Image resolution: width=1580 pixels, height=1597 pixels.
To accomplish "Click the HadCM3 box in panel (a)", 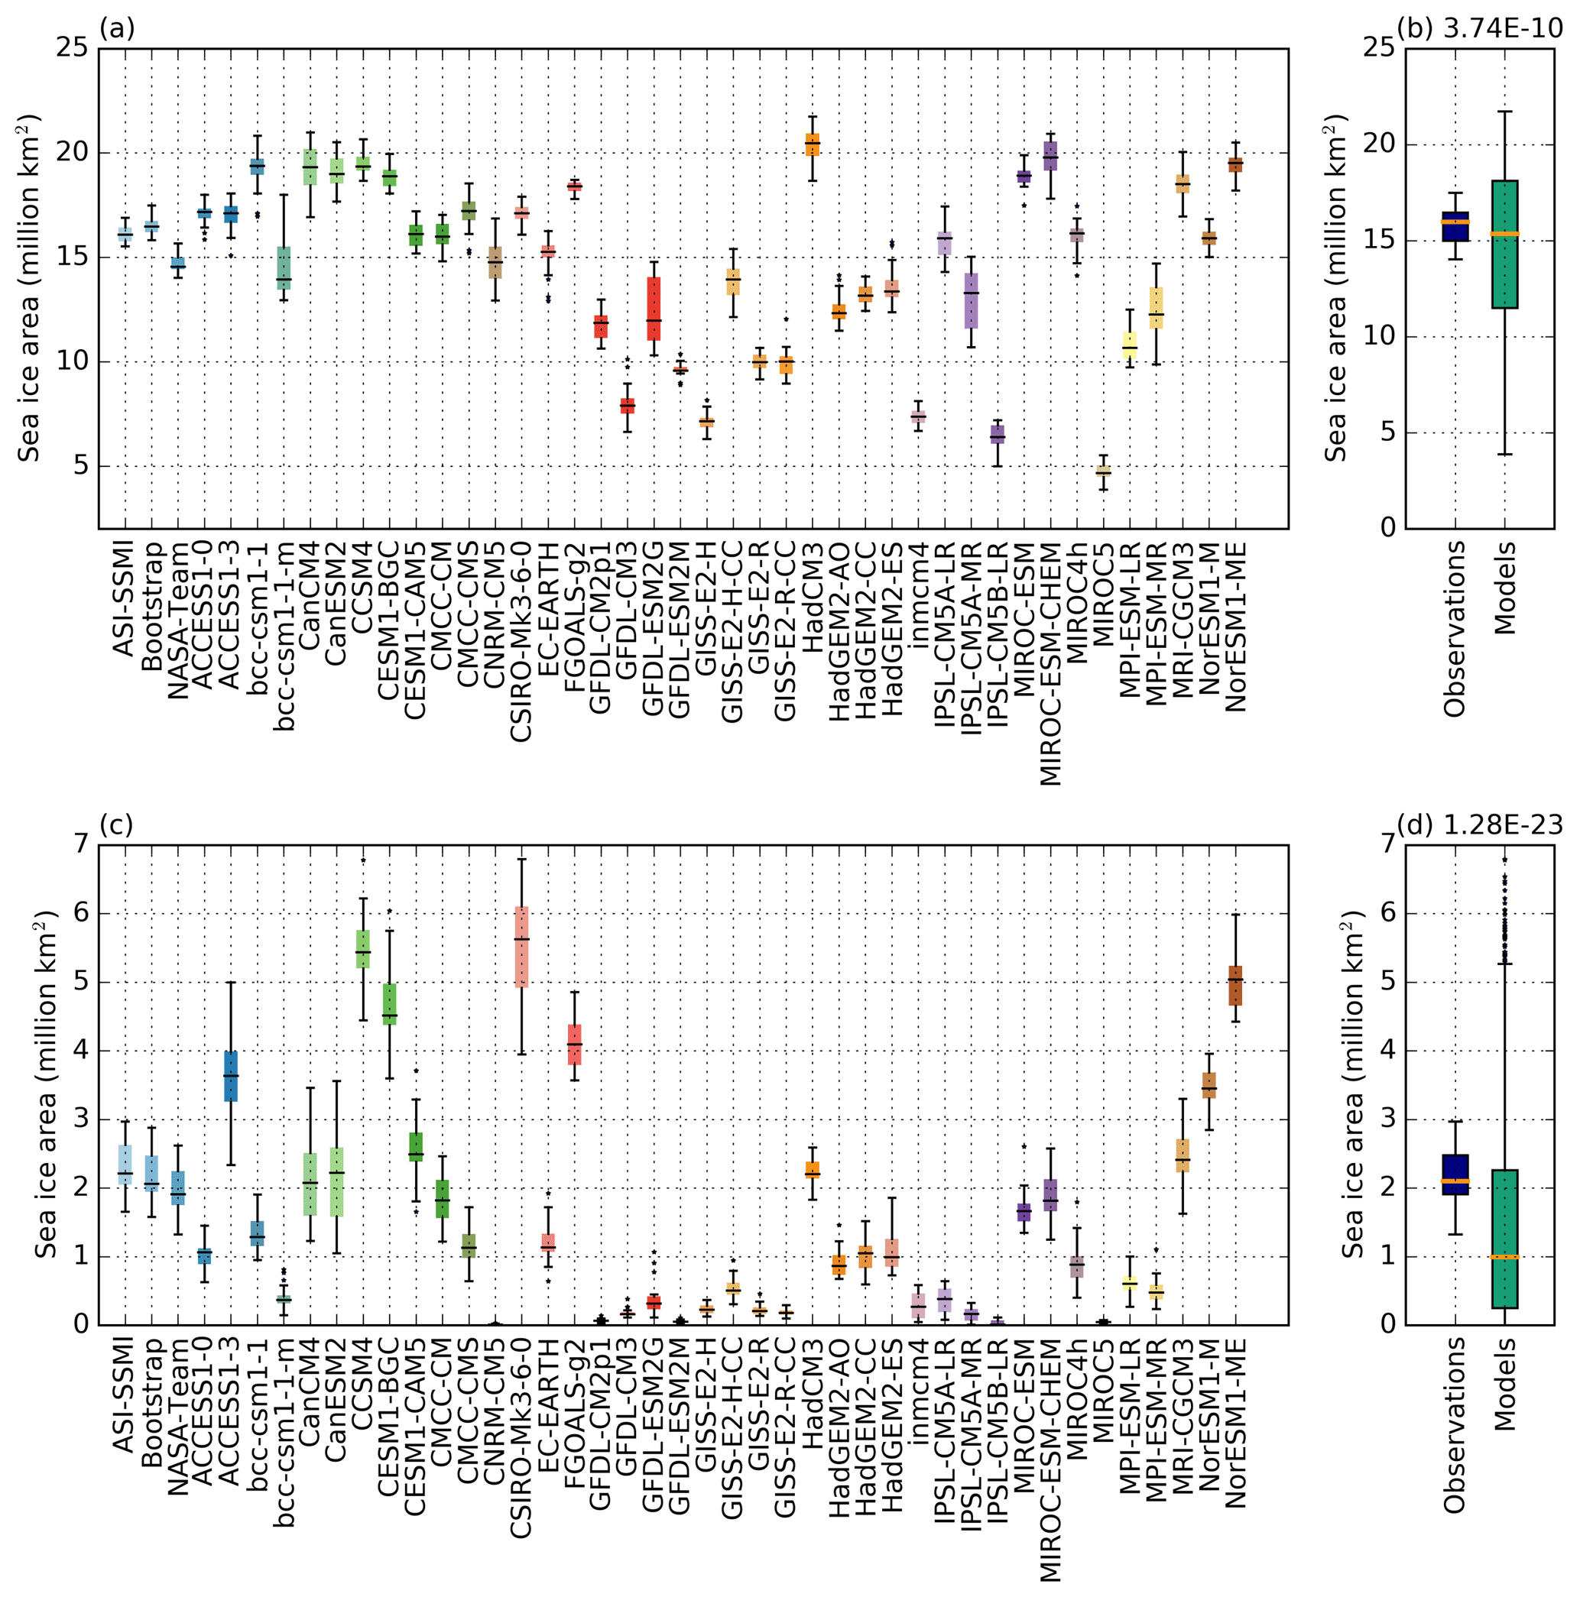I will click(x=812, y=144).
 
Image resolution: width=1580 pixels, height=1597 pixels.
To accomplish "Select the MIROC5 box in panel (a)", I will click(x=1103, y=471).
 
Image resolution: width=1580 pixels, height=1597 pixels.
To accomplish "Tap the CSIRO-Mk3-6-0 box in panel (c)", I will click(x=522, y=947).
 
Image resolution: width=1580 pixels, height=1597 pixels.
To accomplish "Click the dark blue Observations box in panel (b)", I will click(x=1455, y=225).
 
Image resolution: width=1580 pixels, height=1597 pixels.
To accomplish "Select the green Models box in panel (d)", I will click(x=1505, y=1239).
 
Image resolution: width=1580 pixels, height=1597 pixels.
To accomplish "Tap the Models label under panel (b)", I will click(x=1505, y=588).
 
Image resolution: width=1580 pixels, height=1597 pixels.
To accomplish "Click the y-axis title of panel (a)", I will click(x=30, y=287).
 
